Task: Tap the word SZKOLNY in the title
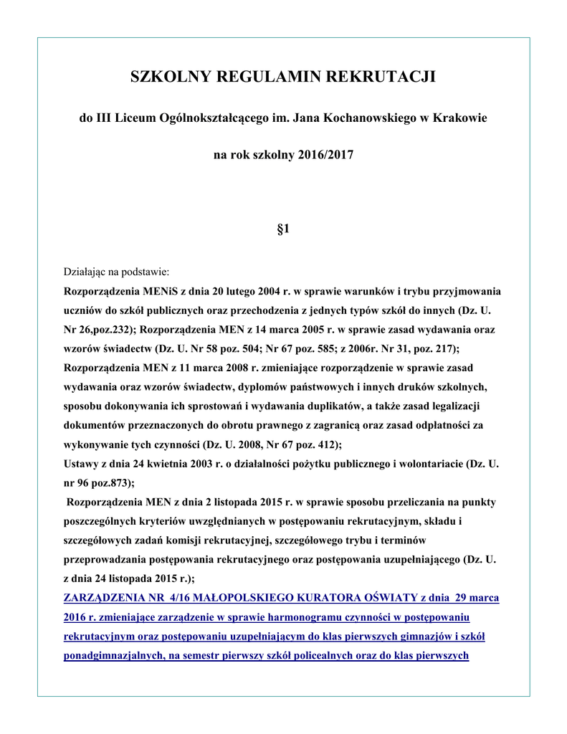point(166,77)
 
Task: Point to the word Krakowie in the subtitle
point(459,117)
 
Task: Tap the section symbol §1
point(283,229)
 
